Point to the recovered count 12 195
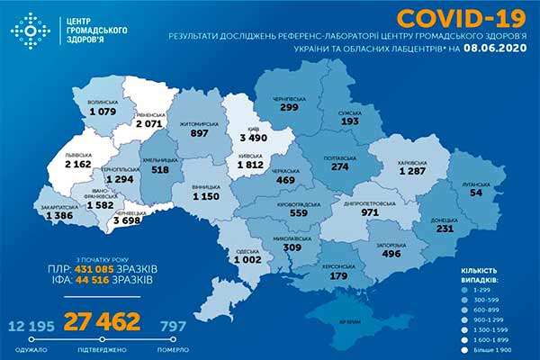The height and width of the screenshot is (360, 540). pos(32,324)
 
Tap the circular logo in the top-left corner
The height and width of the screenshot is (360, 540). pos(29,31)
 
